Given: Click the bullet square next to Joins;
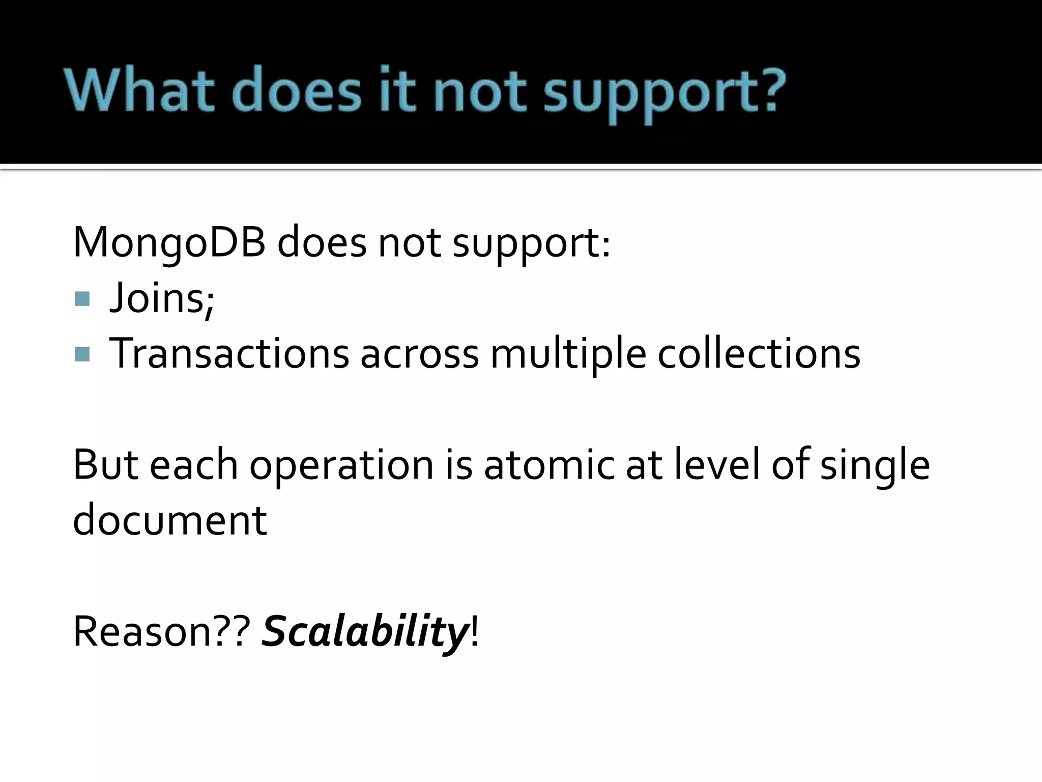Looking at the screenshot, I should pyautogui.click(x=82, y=299).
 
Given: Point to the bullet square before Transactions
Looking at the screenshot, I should pyautogui.click(x=82, y=354).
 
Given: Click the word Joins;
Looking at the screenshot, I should pyautogui.click(x=162, y=299).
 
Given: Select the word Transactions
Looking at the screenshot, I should pyautogui.click(x=229, y=353).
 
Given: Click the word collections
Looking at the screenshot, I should pyautogui.click(x=759, y=353).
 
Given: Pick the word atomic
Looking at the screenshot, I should pyautogui.click(x=548, y=465).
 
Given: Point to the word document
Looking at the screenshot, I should pyautogui.click(x=169, y=520).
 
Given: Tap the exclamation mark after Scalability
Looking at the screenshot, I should pyautogui.click(x=475, y=632).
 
